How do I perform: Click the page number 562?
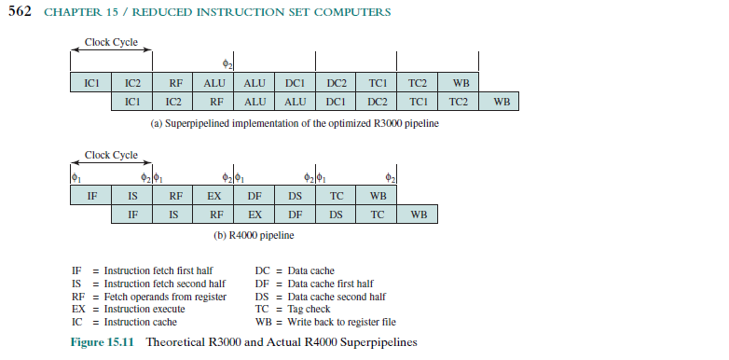click(x=21, y=12)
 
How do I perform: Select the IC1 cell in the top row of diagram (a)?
click(x=91, y=83)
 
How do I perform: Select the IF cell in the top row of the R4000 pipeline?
click(x=91, y=196)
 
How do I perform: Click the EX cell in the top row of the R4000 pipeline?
click(x=214, y=196)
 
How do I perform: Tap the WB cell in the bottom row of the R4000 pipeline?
click(x=419, y=215)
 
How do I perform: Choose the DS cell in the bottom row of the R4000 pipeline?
click(x=337, y=215)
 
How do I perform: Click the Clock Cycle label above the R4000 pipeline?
click(x=111, y=155)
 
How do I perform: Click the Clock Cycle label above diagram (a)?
click(x=111, y=42)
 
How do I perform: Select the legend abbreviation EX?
click(x=77, y=308)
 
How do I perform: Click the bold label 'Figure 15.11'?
click(x=103, y=342)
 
